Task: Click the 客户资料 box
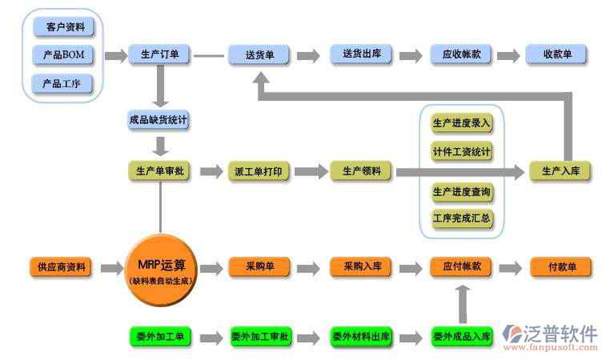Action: [64, 27]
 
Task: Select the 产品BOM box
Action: [64, 55]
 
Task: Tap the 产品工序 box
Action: [64, 83]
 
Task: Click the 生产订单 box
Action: [159, 55]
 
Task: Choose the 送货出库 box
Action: [361, 55]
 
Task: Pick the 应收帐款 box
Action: [461, 55]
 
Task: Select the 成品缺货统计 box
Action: [159, 121]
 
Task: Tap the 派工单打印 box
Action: [259, 171]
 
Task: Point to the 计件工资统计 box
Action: [462, 151]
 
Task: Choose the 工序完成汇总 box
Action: [462, 218]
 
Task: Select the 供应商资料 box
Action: [61, 267]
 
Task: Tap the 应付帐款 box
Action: [461, 267]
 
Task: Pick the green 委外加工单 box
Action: [159, 337]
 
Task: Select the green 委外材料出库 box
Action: [361, 337]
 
